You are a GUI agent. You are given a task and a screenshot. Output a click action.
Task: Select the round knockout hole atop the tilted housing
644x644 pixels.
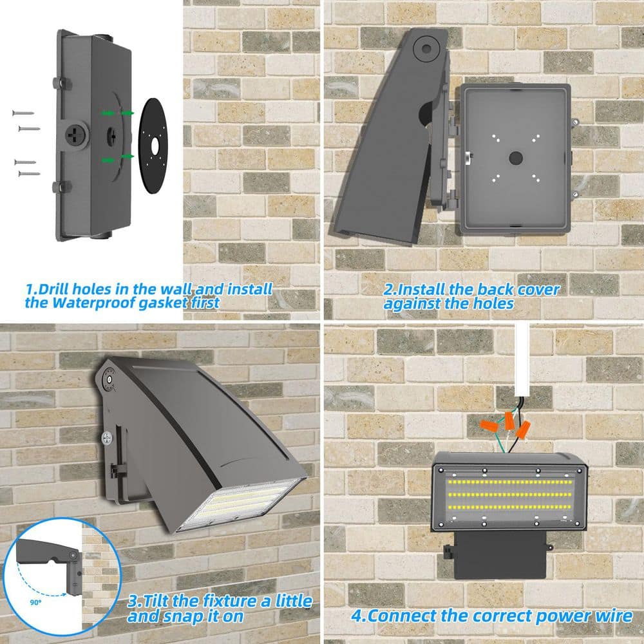pos(424,47)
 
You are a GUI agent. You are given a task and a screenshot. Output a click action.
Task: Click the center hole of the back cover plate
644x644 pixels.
pos(515,158)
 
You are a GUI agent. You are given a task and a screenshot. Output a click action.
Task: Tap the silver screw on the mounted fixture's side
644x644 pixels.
pos(106,437)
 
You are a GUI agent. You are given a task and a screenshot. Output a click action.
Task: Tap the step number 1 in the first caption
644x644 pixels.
pos(30,290)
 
